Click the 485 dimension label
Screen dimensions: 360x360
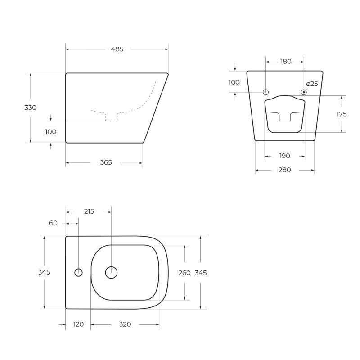point(117,49)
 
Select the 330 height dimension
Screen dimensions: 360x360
point(31,108)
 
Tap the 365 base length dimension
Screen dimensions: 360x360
point(106,162)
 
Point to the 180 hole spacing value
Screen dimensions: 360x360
point(286,62)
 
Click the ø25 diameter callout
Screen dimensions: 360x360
point(312,84)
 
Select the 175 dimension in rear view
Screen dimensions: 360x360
point(342,114)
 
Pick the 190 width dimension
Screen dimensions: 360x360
point(284,156)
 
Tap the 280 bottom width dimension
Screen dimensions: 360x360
point(284,170)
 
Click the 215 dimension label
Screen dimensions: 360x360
point(89,211)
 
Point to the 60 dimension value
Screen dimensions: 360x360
point(54,223)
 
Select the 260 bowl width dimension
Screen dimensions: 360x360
point(184,273)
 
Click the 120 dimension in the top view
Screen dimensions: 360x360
point(78,324)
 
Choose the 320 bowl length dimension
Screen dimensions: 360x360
point(125,324)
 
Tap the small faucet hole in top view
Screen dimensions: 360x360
point(78,272)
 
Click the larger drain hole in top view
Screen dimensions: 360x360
point(111,272)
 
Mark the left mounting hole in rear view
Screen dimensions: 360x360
point(265,92)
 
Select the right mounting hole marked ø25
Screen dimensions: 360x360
point(304,92)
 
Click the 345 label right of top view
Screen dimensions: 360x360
point(201,273)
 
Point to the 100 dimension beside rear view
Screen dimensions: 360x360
point(234,82)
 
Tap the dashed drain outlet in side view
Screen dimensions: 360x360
point(111,117)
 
